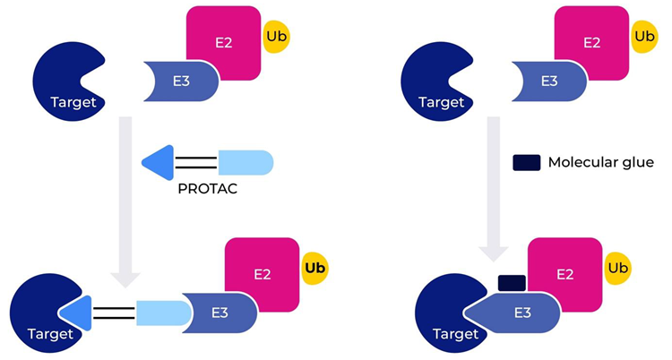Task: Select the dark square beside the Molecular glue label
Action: coord(526,163)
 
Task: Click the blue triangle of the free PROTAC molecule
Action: coord(159,162)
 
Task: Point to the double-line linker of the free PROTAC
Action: coord(195,162)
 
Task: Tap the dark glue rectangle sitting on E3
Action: coord(510,283)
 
